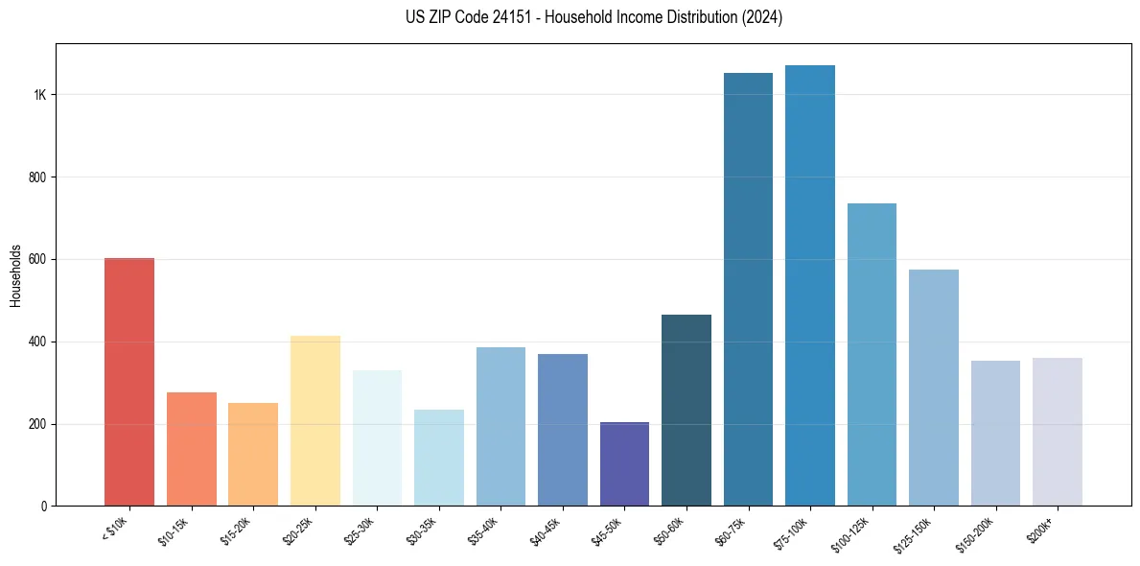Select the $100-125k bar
point(872,354)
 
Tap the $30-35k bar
point(438,458)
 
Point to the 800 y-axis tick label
point(37,177)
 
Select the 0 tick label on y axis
point(44,507)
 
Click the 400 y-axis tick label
point(37,342)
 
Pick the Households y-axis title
point(15,275)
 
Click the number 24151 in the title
point(505,17)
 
